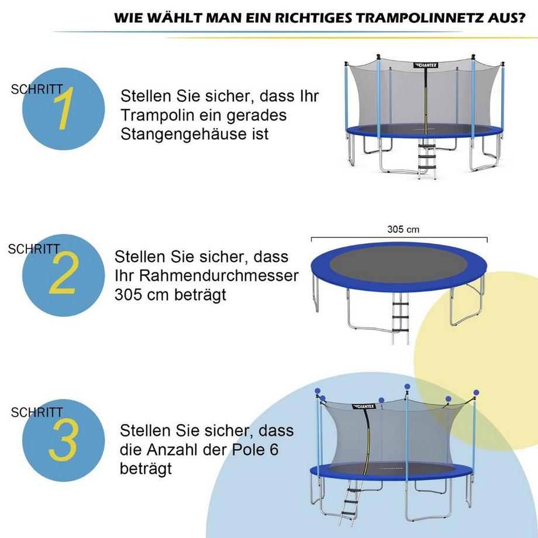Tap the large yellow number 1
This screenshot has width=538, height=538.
64,109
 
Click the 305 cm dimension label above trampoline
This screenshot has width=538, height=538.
403,230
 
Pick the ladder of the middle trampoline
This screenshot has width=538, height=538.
401,319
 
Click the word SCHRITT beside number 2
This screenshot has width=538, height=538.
34,249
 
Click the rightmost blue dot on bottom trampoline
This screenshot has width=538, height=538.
476,392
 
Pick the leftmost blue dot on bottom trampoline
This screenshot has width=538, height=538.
318,391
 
